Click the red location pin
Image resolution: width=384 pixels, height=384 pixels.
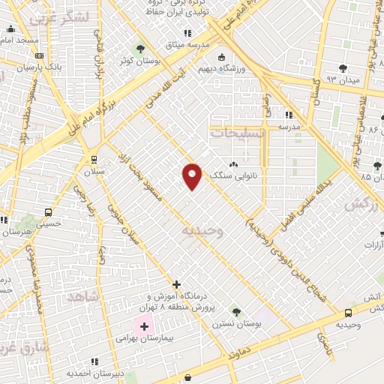click(x=193, y=175)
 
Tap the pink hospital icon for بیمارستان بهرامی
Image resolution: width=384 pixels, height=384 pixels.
click(x=144, y=326)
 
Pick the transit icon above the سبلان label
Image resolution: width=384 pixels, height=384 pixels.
click(x=94, y=159)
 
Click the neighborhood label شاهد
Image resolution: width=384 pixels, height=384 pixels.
click(x=83, y=297)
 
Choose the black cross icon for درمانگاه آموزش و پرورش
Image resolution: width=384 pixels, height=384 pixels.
click(x=176, y=284)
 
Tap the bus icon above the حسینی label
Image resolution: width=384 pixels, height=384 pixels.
click(x=49, y=212)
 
